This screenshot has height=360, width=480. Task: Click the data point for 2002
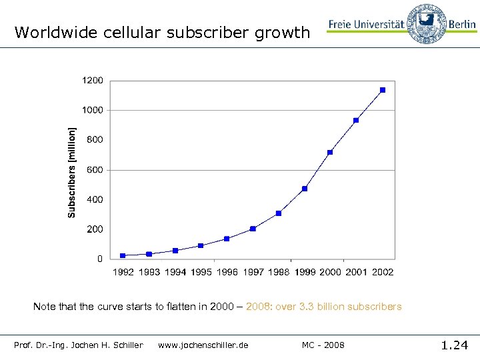pyautogui.click(x=383, y=90)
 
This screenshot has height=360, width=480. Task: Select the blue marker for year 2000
pyautogui.click(x=330, y=152)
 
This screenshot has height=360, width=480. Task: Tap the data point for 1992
pyautogui.click(x=123, y=255)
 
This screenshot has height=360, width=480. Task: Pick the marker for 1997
pyautogui.click(x=253, y=229)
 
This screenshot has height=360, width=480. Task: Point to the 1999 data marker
pyautogui.click(x=305, y=189)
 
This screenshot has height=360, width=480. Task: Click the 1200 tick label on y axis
pyautogui.click(x=93, y=81)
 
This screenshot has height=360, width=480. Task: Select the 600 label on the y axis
pyautogui.click(x=95, y=170)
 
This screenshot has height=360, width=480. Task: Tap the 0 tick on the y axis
pyautogui.click(x=100, y=259)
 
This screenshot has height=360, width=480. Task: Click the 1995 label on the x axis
pyautogui.click(x=201, y=272)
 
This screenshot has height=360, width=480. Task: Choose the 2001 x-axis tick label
pyautogui.click(x=356, y=272)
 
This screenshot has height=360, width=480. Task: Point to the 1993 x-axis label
pyautogui.click(x=149, y=272)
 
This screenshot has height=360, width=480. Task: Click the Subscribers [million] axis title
pyautogui.click(x=72, y=172)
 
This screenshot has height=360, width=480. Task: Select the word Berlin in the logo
pyautogui.click(x=462, y=25)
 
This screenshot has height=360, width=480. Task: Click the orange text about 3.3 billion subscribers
pyautogui.click(x=324, y=307)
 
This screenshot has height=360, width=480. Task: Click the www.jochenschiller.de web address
pyautogui.click(x=203, y=345)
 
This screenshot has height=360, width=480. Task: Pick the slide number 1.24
pyautogui.click(x=455, y=345)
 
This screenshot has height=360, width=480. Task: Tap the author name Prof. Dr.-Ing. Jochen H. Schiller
pyautogui.click(x=79, y=345)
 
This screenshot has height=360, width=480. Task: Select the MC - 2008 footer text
pyautogui.click(x=323, y=345)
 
